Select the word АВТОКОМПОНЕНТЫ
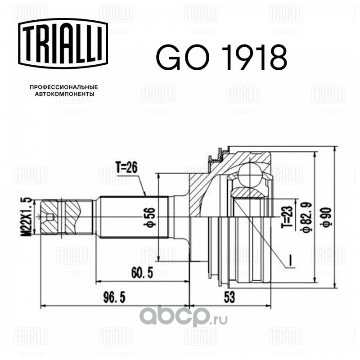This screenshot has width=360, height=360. tap(64, 94)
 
